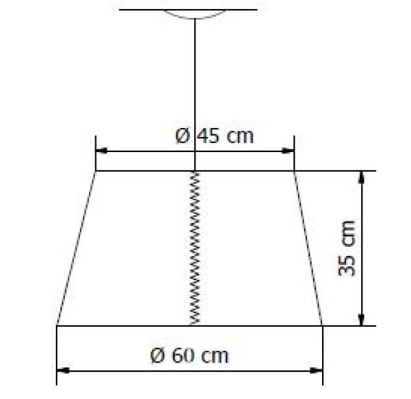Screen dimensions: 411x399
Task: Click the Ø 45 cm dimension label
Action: (x=214, y=136)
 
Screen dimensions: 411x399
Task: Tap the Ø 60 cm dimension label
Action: (x=190, y=355)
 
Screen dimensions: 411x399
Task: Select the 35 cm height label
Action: (x=347, y=248)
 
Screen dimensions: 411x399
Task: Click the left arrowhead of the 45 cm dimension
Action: (x=101, y=151)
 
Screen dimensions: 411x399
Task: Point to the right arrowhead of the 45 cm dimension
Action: (x=288, y=151)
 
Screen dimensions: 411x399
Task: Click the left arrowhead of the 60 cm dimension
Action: (x=63, y=370)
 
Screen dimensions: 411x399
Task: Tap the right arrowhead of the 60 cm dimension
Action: (x=316, y=370)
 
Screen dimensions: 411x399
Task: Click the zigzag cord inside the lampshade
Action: (x=195, y=248)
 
